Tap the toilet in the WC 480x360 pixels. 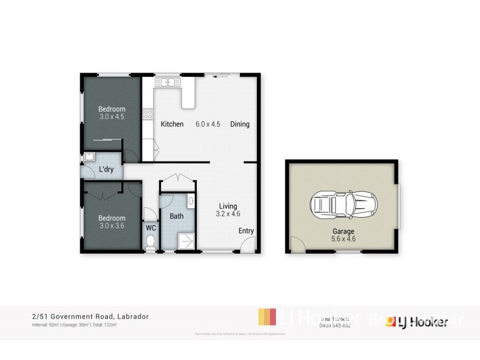coord(151,242)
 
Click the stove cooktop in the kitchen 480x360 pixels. coord(148,113)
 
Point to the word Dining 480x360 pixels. coord(239,124)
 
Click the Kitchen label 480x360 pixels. coord(172,124)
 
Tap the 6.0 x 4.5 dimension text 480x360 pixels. coord(208,124)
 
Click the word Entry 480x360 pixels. coord(246,230)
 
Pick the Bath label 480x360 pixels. coord(176,216)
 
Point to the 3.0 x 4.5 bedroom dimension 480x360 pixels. coord(112,116)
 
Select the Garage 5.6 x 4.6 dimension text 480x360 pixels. coord(344,238)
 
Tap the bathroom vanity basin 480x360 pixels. coord(191,202)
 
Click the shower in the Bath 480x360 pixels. coord(185,240)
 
